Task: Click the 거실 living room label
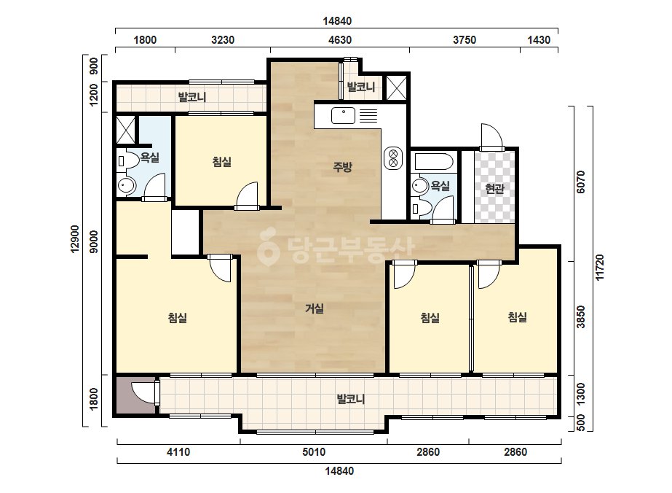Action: click(x=314, y=308)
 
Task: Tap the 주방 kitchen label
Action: click(x=342, y=166)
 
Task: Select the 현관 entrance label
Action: click(x=494, y=189)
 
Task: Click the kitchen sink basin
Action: click(x=343, y=115)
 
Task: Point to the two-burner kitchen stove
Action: click(x=393, y=158)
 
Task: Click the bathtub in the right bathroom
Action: click(x=434, y=162)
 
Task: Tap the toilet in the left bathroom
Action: click(x=127, y=161)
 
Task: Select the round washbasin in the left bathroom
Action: click(x=127, y=186)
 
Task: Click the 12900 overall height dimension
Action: click(x=76, y=239)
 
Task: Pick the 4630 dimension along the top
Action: click(x=340, y=40)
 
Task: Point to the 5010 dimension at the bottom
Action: click(x=314, y=451)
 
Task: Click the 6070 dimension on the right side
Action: click(x=581, y=182)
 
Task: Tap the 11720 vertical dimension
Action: click(x=600, y=268)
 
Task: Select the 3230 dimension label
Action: click(x=223, y=40)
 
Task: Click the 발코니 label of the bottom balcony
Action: click(x=351, y=400)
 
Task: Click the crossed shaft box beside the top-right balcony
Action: click(x=396, y=88)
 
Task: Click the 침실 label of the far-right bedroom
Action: click(x=518, y=317)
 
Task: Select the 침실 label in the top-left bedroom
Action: click(x=222, y=162)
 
